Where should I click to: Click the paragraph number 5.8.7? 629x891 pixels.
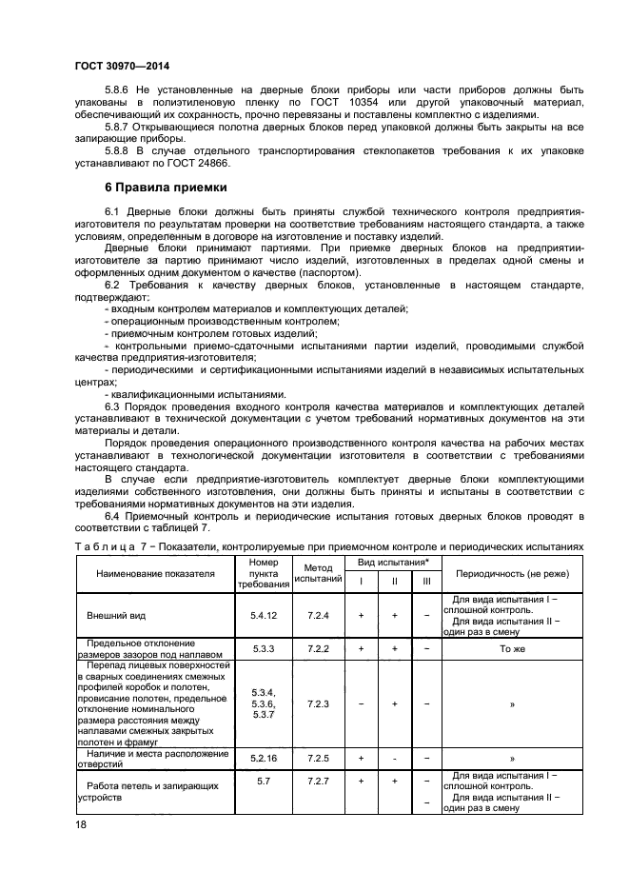point(121,127)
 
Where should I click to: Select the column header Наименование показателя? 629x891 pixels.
point(155,574)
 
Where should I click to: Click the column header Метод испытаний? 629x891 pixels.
point(317,574)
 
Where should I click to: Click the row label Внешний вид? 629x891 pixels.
point(112,616)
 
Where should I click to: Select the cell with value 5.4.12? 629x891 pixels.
point(263,616)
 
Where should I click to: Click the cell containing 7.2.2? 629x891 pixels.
point(318,648)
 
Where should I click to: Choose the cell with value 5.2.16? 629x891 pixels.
point(263,759)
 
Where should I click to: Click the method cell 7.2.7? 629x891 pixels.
point(318,781)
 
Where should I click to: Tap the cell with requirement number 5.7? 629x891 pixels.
point(263,781)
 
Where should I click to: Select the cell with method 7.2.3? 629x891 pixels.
point(318,703)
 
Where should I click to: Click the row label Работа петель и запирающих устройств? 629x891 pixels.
point(152,792)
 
